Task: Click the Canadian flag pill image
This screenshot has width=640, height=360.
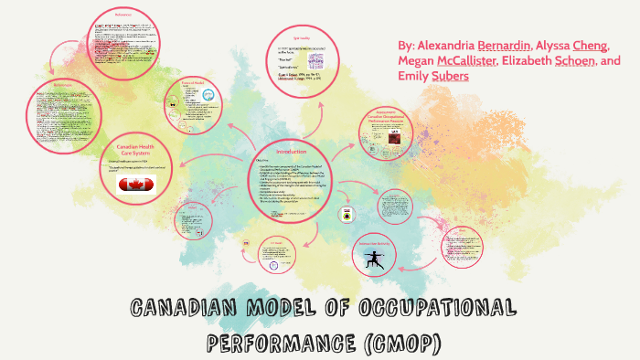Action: pyautogui.click(x=137, y=185)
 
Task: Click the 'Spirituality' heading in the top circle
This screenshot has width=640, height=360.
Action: pyautogui.click(x=301, y=36)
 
